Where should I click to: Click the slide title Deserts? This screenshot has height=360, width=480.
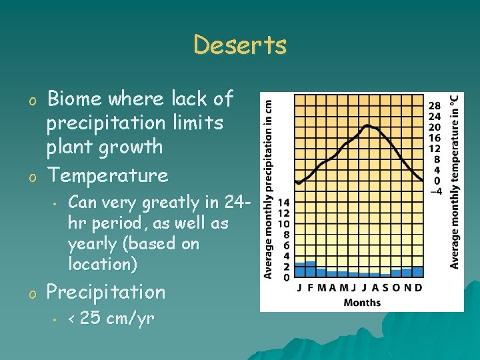click(240, 45)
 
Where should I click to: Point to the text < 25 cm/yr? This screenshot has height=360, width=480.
click(111, 319)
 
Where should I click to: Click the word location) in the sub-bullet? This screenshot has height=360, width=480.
click(103, 264)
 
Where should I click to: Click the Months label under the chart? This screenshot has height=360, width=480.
click(362, 302)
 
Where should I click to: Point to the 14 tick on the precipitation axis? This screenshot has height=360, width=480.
click(283, 203)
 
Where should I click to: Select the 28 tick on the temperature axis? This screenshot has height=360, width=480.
click(434, 106)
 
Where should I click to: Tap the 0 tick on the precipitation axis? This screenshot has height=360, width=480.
click(286, 277)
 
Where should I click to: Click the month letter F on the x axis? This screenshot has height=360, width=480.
click(311, 288)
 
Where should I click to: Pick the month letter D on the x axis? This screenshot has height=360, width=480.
click(418, 288)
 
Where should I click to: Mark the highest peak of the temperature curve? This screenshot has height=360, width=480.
click(367, 125)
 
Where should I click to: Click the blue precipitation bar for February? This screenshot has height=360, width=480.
click(311, 269)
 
